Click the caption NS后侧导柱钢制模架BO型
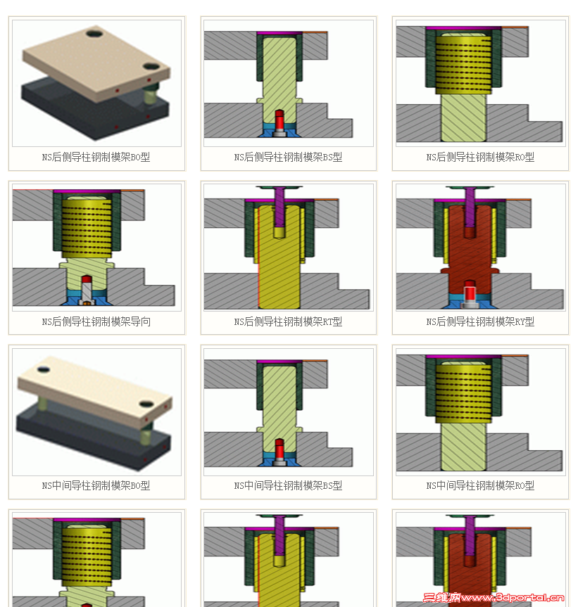click(96, 157)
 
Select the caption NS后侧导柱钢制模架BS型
click(288, 157)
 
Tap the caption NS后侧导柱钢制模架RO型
click(480, 157)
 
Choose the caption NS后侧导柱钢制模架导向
click(96, 321)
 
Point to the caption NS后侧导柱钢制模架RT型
click(288, 321)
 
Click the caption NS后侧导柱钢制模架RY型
click(480, 321)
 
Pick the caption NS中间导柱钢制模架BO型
click(96, 485)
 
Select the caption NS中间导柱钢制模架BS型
click(288, 485)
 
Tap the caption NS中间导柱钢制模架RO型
click(480, 485)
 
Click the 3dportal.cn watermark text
click(494, 598)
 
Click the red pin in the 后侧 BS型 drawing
click(279, 120)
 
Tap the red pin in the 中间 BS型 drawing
click(279, 449)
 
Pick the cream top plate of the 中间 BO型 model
click(94, 389)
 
